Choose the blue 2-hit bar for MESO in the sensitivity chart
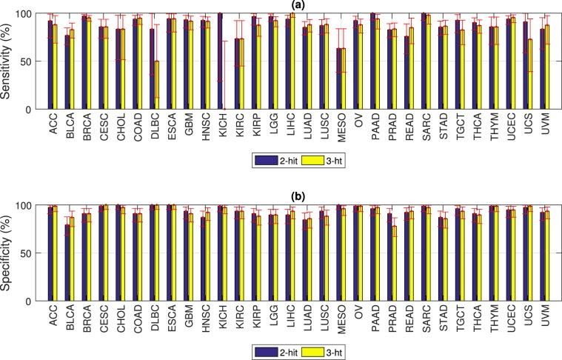point(320,79)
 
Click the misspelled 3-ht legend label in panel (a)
point(327,159)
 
